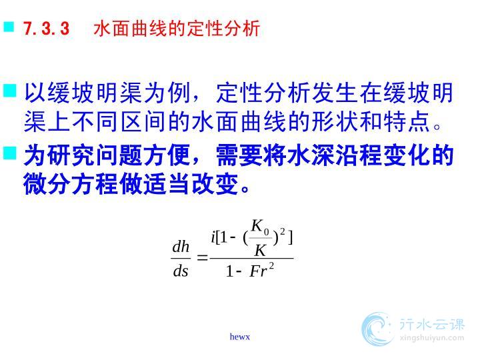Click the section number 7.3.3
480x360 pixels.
pos(47,29)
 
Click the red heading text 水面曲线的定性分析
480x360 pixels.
pos(177,29)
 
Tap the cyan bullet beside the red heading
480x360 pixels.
pos(9,26)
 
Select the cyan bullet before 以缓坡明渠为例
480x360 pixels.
pos(10,91)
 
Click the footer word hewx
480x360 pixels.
pos(240,337)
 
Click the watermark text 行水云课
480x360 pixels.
pos(432,325)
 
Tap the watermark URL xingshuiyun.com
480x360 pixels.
pos(432,338)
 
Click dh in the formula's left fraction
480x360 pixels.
pos(181,247)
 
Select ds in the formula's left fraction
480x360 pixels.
pos(181,271)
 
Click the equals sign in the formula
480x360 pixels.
pos(202,257)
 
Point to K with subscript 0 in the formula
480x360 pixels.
pos(260,227)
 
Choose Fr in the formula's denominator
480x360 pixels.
pos(259,271)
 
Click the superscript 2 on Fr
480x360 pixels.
pos(271,266)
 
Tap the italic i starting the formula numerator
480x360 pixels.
pos(213,237)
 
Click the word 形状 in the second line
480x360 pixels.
pos(334,121)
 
